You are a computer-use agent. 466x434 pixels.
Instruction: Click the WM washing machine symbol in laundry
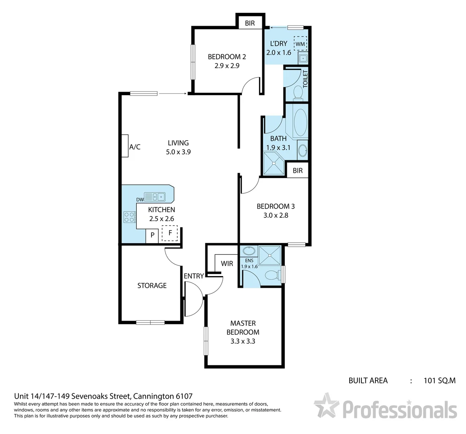click(300, 43)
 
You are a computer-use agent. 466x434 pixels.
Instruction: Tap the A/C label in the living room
click(135, 147)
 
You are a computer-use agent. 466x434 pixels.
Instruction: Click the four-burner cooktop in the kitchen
click(129, 217)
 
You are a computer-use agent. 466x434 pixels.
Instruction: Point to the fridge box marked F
click(170, 233)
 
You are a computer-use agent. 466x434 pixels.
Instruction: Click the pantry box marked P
click(152, 235)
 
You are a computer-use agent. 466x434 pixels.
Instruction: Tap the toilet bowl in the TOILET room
click(298, 92)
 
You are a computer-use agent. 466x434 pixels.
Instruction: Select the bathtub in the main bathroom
click(300, 121)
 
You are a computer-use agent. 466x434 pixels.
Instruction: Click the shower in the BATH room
click(274, 163)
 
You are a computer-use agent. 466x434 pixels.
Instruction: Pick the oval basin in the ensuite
click(249, 252)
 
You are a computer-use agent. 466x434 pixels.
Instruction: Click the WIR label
click(227, 264)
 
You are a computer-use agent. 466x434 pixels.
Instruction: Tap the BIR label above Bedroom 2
click(250, 23)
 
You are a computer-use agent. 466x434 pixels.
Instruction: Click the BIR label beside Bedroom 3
click(298, 170)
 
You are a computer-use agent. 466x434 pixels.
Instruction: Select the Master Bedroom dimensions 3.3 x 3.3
click(243, 341)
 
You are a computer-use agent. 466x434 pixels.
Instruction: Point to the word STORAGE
click(152, 285)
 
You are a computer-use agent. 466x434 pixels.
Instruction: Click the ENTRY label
click(194, 276)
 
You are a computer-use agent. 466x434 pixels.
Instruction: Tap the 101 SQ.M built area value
click(440, 380)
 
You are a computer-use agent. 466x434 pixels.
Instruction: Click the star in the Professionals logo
click(326, 406)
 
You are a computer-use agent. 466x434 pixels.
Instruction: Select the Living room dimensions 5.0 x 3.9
click(178, 152)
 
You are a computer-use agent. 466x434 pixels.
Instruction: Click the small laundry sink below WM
click(303, 58)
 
